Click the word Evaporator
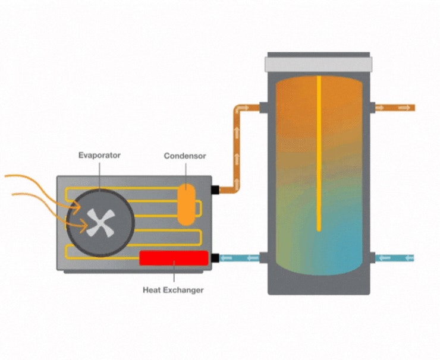pyautogui.click(x=99, y=155)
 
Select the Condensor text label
pyautogui.click(x=185, y=156)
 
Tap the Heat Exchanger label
pyautogui.click(x=173, y=290)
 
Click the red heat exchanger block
pyautogui.click(x=174, y=258)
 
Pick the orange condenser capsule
pyautogui.click(x=187, y=204)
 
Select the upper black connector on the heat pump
pyautogui.click(x=215, y=190)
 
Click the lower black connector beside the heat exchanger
pyautogui.click(x=215, y=258)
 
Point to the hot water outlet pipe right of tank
pyautogui.click(x=395, y=108)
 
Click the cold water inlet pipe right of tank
pyautogui.click(x=395, y=258)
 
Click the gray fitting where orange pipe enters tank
pyautogui.click(x=263, y=108)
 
